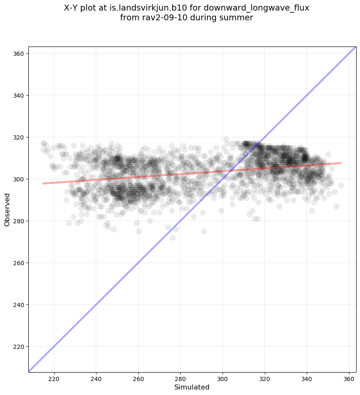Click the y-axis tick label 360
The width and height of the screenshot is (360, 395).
(x=18, y=54)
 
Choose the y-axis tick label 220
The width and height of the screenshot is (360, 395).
(x=18, y=346)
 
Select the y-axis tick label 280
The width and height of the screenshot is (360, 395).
(x=18, y=221)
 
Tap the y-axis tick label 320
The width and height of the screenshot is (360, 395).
(x=18, y=137)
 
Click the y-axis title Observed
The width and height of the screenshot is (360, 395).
(x=7, y=209)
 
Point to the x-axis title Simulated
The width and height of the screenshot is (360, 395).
(x=192, y=387)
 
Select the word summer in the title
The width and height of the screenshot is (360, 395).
(x=237, y=18)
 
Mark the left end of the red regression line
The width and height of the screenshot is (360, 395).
(x=43, y=183)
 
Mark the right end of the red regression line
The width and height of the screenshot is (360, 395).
(x=341, y=163)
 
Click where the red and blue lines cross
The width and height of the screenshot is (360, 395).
(x=228, y=170)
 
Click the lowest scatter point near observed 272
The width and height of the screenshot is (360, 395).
(x=173, y=238)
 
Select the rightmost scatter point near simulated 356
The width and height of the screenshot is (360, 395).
(x=341, y=185)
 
